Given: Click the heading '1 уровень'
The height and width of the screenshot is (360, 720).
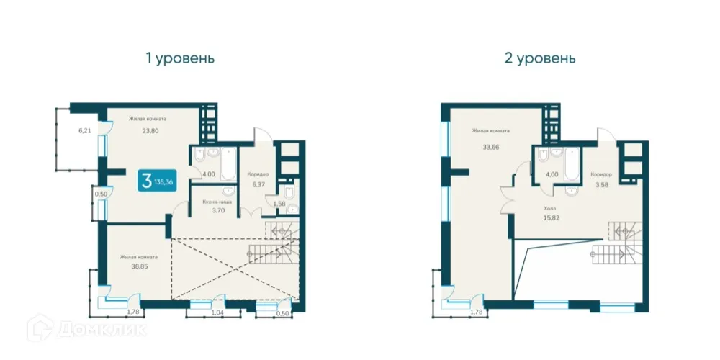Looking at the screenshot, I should coord(180,58).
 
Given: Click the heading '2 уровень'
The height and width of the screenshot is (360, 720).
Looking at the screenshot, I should coord(540,58).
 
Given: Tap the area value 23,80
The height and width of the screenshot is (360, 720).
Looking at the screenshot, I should coord(150,131).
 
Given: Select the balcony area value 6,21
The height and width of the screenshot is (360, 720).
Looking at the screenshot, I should coord(86,131).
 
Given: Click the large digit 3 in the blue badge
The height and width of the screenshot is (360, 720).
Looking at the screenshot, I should coord(147,181).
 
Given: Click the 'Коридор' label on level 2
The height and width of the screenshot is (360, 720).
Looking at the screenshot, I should coord(601,174).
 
